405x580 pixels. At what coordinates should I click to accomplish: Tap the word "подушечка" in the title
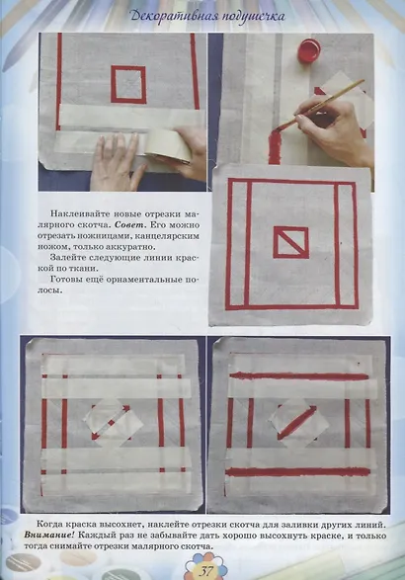click(x=253, y=17)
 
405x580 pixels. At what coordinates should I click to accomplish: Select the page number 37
click(x=205, y=571)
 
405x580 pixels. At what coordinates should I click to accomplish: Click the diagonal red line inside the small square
click(x=290, y=241)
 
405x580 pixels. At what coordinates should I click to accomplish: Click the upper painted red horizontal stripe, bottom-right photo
click(x=299, y=376)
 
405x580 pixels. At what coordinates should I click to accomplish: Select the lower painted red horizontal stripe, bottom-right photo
click(x=297, y=472)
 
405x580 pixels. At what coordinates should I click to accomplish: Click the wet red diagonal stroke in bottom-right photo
click(x=297, y=423)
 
